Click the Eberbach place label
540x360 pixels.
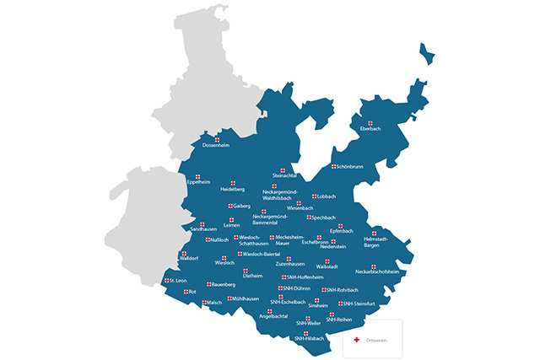pos(372,129)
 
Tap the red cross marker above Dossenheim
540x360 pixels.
pos(216,140)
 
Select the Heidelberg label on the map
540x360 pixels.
pos(232,190)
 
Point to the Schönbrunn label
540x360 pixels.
pos(350,167)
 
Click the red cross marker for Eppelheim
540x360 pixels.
pos(197,176)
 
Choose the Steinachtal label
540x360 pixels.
pos(284,175)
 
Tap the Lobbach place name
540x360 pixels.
pos(327,196)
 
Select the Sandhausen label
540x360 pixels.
pos(203,229)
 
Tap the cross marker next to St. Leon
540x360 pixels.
pos(165,280)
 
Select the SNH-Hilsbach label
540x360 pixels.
pos(310,337)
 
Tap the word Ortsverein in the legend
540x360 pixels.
pos(375,339)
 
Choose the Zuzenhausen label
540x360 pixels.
pos(290,264)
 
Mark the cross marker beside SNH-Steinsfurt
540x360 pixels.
pos(341,304)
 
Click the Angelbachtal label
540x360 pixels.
pos(273,316)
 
